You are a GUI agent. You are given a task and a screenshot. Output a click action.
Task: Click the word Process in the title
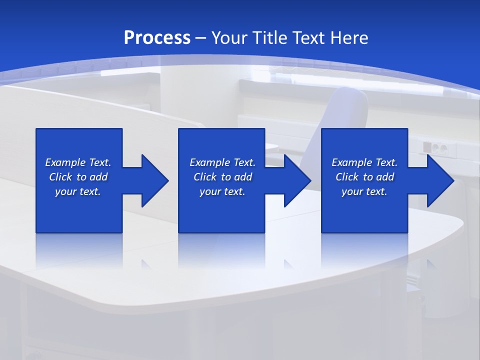[x=157, y=37]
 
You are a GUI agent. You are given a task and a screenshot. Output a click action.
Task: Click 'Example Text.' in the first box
[x=78, y=162]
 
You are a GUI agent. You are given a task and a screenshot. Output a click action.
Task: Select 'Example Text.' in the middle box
[x=222, y=162]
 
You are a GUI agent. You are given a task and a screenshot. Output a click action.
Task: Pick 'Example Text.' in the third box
[x=364, y=162]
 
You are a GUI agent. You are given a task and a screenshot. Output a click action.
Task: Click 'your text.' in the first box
[x=78, y=191]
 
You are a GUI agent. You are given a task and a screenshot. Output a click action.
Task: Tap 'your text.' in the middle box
[x=222, y=191]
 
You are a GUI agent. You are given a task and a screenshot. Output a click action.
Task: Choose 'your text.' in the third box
[x=364, y=191]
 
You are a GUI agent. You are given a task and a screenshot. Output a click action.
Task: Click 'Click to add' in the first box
[x=78, y=177]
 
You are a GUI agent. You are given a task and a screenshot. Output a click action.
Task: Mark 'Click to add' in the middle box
[x=222, y=177]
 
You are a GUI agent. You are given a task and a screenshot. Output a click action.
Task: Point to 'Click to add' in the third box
[x=364, y=177]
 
